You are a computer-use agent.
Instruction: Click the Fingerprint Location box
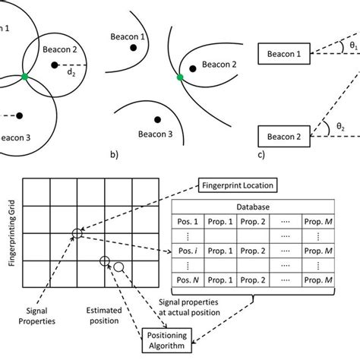(237, 184)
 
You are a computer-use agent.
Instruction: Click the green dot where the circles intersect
(25, 77)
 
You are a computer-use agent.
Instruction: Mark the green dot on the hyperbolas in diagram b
(180, 77)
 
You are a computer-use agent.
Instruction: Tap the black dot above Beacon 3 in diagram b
(156, 119)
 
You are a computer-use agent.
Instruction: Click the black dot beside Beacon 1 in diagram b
(134, 47)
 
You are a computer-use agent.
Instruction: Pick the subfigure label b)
(115, 157)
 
